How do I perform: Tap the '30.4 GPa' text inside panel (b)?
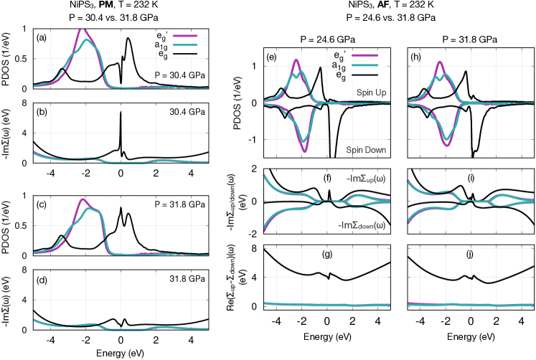coord(189,112)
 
